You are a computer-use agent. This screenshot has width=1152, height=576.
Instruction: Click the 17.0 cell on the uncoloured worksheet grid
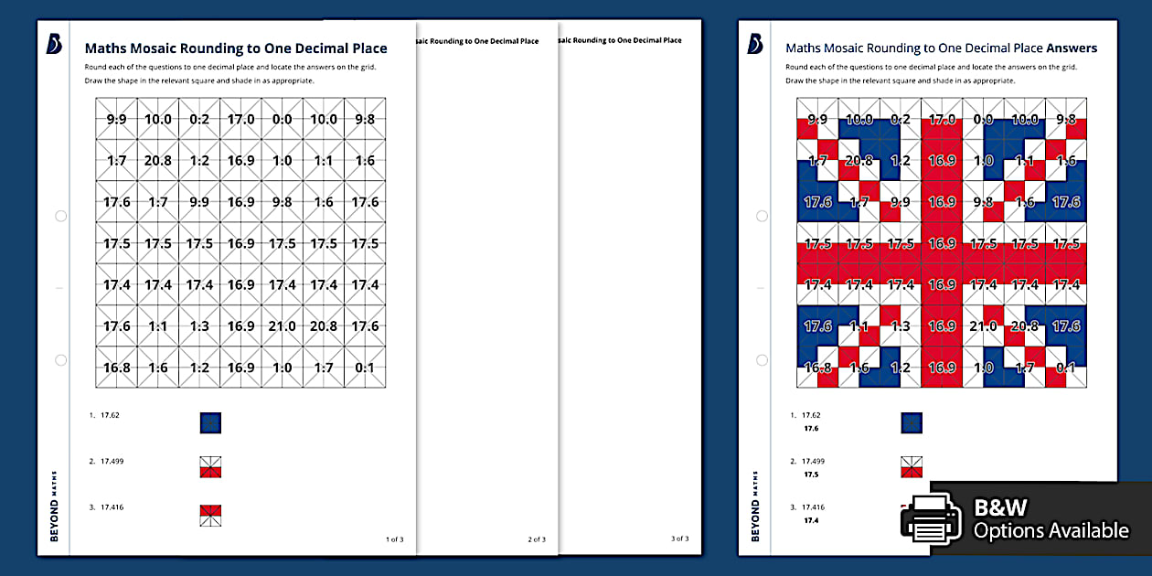[x=241, y=119]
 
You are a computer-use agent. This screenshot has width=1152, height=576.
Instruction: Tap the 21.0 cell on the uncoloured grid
[x=283, y=325]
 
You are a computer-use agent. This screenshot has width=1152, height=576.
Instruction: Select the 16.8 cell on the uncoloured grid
[x=116, y=368]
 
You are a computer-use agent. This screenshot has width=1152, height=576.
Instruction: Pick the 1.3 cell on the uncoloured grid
[x=199, y=325]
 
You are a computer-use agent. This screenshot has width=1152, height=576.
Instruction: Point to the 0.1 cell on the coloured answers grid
[x=1066, y=368]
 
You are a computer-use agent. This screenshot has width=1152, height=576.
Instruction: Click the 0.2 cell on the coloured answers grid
[x=900, y=119]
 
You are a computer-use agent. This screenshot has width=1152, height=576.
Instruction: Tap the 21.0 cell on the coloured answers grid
[x=983, y=325]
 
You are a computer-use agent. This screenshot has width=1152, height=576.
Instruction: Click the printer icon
[x=932, y=518]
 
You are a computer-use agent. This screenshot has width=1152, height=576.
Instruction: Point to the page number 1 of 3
[x=394, y=539]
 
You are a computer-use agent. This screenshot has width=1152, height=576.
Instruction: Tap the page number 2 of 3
[x=537, y=539]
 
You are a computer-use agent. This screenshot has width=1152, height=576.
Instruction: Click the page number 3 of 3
[x=679, y=539]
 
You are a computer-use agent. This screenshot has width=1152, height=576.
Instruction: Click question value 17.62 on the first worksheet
[x=110, y=415]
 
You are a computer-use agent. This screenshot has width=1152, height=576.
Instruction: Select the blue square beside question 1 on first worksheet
[x=210, y=422]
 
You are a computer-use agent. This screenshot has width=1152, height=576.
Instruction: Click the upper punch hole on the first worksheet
[x=60, y=217]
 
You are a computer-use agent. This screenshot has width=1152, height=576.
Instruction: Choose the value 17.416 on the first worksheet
[x=112, y=507]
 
